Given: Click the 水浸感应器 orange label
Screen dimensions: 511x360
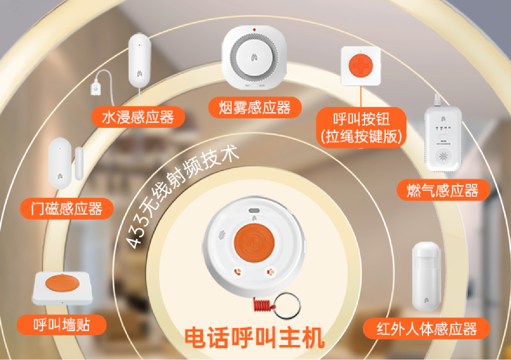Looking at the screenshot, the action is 138,117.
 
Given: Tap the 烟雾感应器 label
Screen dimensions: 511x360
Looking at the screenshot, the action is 255,107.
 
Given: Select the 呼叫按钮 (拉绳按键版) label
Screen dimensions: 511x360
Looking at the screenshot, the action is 361,127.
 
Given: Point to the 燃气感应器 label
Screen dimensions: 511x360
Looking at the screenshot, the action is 443,190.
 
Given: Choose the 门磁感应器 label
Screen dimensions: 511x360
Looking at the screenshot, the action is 67,209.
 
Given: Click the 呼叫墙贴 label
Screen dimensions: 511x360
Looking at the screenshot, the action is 61,325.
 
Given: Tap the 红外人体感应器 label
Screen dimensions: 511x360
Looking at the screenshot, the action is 426,329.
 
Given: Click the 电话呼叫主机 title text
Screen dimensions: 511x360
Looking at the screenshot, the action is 255,338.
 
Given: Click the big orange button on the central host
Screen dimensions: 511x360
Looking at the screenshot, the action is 254,243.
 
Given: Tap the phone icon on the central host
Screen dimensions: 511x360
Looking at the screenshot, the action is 238,272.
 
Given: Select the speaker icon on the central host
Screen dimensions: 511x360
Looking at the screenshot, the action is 271,272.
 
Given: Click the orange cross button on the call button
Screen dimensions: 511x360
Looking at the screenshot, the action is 361,66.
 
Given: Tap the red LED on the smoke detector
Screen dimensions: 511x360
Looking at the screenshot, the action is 254,30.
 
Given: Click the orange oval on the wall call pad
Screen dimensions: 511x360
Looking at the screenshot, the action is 62,283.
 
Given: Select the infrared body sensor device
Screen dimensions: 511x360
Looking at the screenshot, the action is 426,277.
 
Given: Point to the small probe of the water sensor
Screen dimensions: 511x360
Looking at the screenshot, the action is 95,88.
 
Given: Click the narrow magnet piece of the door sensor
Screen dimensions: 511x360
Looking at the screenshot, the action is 79,164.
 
